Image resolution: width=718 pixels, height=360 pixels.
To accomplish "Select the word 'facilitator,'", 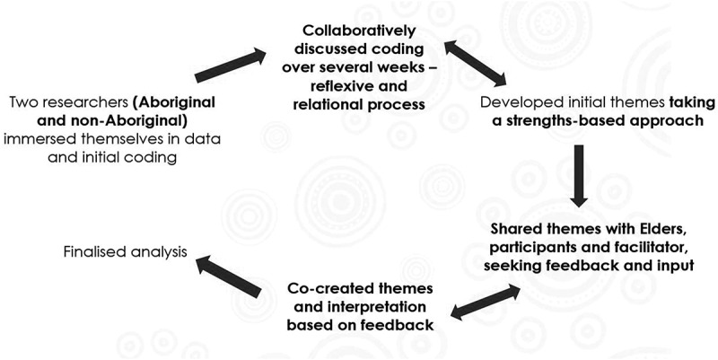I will pos(625,249).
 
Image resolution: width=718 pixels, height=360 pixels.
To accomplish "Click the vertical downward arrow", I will pos(578,171).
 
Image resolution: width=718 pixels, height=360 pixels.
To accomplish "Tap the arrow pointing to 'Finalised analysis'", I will pos(229,276).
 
